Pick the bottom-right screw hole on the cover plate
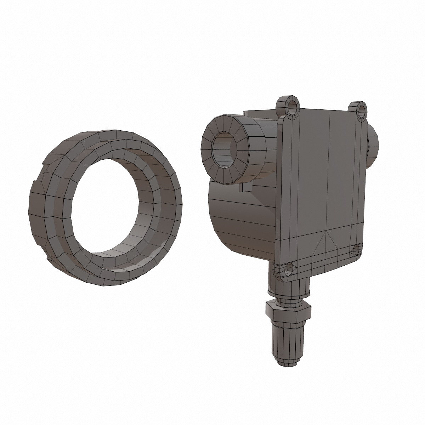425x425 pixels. [x=356, y=250]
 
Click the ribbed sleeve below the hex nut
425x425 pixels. [x=287, y=340]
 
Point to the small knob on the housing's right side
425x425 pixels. [x=373, y=145]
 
